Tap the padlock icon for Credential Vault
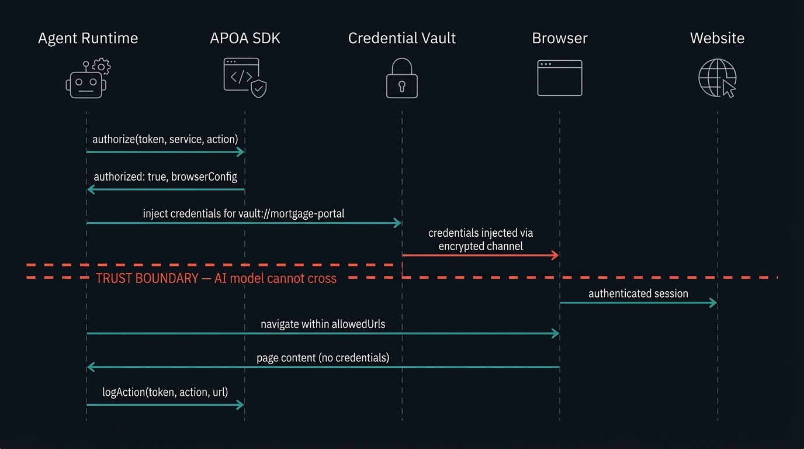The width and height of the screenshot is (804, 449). click(x=402, y=79)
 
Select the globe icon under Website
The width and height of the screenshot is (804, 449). click(x=716, y=78)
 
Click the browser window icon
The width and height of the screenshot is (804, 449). click(x=560, y=78)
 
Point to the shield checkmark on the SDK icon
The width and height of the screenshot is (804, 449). click(x=259, y=89)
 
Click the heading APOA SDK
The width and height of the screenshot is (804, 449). click(x=245, y=39)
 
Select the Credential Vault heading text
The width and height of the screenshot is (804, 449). click(x=402, y=39)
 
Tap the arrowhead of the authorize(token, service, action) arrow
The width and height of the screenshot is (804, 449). click(x=240, y=152)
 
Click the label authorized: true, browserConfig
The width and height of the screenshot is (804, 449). click(x=165, y=177)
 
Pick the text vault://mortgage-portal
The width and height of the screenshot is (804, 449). click(x=292, y=213)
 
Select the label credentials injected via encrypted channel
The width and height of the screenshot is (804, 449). click(x=480, y=240)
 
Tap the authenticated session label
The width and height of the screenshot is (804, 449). click(x=638, y=293)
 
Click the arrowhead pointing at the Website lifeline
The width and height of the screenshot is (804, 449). click(x=713, y=303)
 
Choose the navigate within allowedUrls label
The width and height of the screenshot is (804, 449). click(x=323, y=324)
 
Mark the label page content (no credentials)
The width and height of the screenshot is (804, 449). click(x=323, y=357)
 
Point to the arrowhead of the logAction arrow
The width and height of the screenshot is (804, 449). click(x=240, y=405)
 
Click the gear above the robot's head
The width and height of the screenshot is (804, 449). click(x=102, y=66)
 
